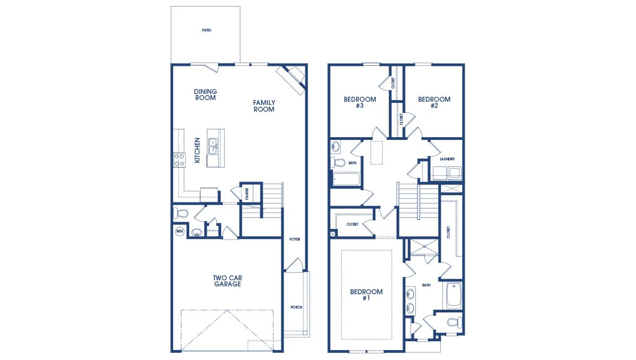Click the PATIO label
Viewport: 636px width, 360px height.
206,30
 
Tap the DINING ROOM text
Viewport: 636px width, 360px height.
205,95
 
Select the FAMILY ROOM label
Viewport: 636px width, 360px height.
264,106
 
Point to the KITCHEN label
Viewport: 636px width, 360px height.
197,150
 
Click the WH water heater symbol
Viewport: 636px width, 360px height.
179,232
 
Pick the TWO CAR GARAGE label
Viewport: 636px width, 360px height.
227,281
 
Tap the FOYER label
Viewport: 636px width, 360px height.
294,239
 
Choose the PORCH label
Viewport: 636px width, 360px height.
296,307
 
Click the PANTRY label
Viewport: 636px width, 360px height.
247,193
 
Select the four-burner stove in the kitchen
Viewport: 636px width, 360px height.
180,160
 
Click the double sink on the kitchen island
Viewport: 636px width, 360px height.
212,145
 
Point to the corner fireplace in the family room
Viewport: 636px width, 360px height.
291,77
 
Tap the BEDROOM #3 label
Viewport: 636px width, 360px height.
359,102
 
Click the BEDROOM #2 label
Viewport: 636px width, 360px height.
434,102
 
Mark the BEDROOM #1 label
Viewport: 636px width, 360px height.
366,294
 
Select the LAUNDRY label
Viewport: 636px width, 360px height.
447,159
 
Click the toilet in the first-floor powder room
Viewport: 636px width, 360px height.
181,213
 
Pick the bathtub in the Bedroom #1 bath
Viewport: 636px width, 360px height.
453,295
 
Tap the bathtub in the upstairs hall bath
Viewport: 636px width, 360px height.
346,179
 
